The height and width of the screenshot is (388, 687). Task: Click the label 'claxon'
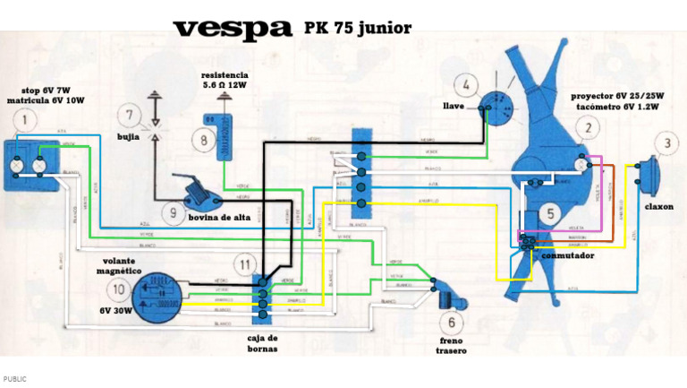(658, 207)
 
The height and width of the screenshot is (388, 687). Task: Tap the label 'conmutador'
(567, 255)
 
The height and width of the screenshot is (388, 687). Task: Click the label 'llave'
(454, 106)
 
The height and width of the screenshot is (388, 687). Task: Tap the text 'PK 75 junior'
(358, 28)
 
